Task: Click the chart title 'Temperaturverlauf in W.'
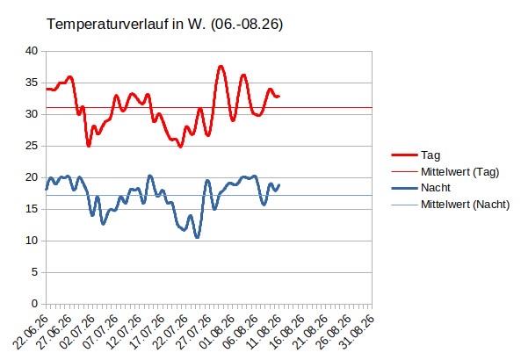pos(127,25)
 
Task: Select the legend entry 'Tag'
pos(431,155)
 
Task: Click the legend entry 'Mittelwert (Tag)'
pos(459,172)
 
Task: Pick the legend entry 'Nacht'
pos(436,188)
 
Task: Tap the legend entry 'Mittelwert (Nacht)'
pos(465,205)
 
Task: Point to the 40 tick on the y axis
pos(32,51)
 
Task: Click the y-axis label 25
pos(32,146)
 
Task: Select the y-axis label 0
pos(34,304)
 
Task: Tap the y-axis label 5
pos(34,272)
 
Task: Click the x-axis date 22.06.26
pos(32,331)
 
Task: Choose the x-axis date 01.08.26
pos(218,331)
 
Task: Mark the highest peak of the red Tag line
pos(221,66)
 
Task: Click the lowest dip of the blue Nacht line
pos(198,237)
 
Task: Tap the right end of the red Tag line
pos(279,97)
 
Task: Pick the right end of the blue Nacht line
pos(279,185)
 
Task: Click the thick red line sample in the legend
pos(404,155)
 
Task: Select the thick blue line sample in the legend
pos(404,188)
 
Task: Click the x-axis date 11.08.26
pos(264,331)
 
